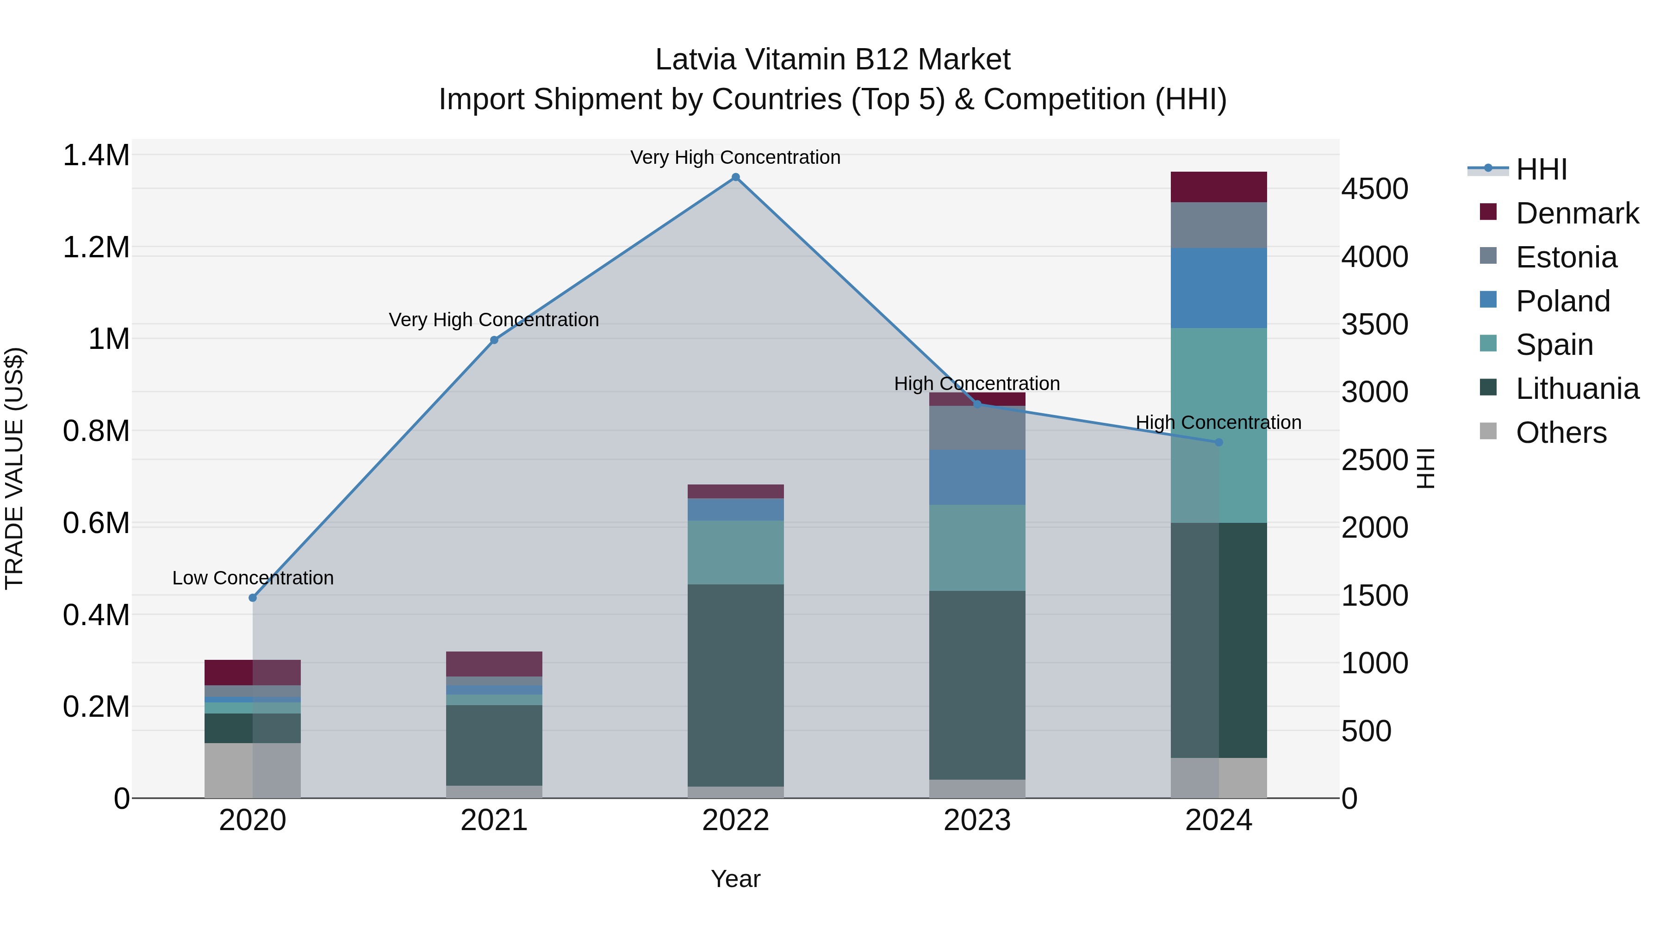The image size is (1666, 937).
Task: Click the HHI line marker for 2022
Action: click(735, 177)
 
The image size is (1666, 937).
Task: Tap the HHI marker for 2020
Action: click(253, 597)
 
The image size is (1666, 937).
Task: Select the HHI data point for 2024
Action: click(1218, 442)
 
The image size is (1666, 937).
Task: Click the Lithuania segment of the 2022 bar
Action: click(735, 685)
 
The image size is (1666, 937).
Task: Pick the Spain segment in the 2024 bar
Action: click(1218, 425)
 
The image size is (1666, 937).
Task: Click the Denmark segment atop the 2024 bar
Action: click(1218, 187)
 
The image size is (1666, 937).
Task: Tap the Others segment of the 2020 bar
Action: click(253, 770)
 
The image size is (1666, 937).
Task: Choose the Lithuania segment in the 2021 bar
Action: click(494, 745)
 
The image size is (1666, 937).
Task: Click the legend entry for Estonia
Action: click(1566, 257)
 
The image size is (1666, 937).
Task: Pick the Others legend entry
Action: click(1560, 433)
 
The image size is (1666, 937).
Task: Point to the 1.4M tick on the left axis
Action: click(96, 156)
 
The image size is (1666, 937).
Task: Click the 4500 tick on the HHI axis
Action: click(1374, 189)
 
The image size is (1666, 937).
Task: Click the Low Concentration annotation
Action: click(253, 577)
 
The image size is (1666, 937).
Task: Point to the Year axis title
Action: click(735, 879)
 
